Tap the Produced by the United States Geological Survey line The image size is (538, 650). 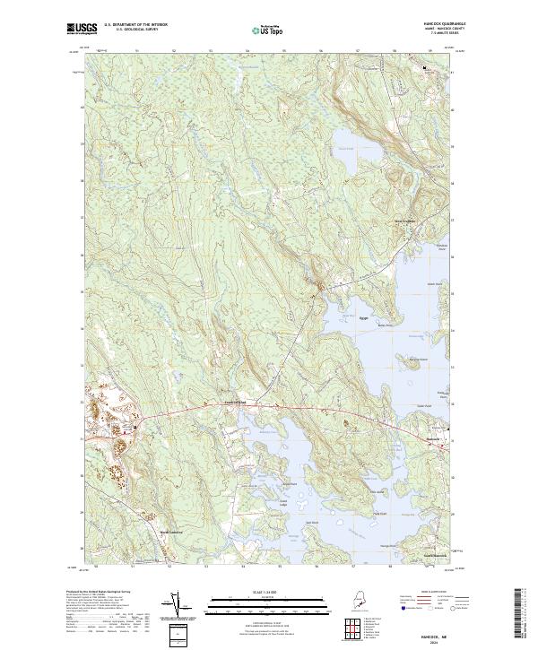tap(105, 593)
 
